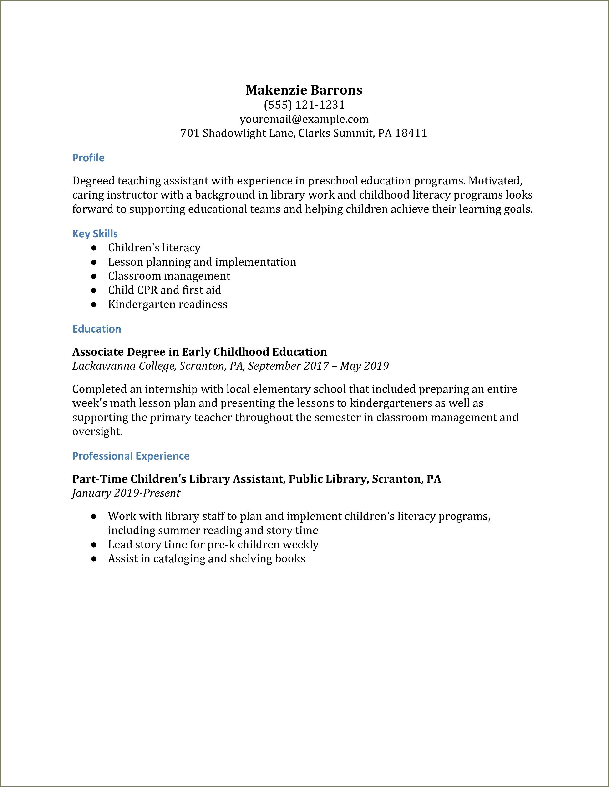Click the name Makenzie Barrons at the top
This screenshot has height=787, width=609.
pos(304,90)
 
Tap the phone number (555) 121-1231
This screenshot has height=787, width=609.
pos(304,105)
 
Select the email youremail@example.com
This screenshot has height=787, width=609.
pos(304,119)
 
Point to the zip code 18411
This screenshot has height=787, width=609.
pos(411,133)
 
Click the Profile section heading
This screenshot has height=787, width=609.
pos(88,158)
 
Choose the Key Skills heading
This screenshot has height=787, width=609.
pos(95,234)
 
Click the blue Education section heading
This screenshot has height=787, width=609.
pos(97,329)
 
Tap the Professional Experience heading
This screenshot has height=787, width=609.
pos(131,456)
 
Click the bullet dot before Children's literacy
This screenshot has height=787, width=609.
pos(94,248)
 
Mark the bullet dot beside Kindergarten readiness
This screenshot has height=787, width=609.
pos(94,304)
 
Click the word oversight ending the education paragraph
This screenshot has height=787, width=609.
pos(97,431)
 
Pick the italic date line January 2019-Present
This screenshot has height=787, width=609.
pos(126,493)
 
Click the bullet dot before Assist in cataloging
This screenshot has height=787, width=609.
pos(94,559)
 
